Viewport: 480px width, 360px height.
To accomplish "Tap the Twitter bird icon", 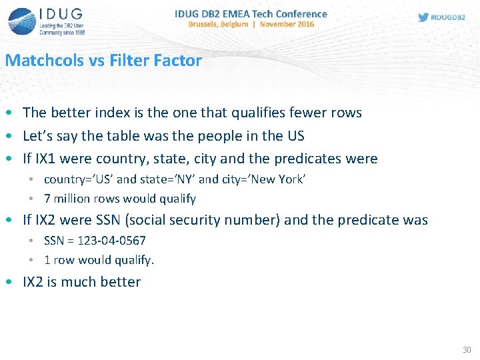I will point(423,17).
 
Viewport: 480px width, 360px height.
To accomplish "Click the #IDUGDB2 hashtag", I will point(449,17).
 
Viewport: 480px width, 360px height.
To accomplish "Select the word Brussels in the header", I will point(207,24).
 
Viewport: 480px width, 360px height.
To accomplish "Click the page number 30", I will point(466,349).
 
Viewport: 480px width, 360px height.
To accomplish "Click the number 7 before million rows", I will point(47,199).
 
